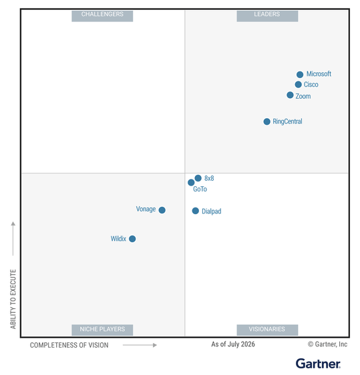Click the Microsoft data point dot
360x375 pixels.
300,74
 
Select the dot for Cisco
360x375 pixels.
298,84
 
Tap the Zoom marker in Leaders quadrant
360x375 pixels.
290,95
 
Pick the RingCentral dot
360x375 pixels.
266,121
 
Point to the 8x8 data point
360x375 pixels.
198,178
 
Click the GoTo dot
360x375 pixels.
191,182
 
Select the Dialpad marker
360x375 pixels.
195,211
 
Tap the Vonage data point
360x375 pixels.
162,210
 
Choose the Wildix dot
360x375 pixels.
132,239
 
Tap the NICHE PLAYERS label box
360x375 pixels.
102,330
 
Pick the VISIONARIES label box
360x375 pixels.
267,330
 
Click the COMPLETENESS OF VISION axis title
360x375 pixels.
69,345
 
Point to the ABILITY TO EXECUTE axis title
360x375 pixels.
13,299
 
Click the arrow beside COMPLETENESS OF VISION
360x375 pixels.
140,345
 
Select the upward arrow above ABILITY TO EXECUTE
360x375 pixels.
13,238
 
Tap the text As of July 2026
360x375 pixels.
233,344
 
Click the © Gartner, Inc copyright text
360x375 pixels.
327,344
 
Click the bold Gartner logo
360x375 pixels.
318,364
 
